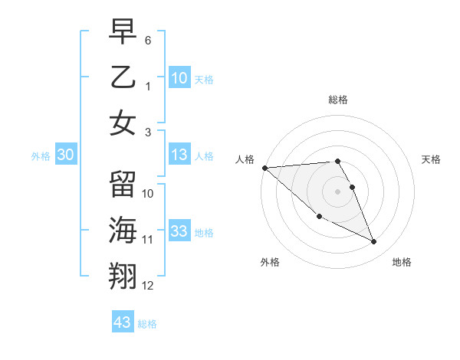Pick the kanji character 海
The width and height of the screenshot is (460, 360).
(123, 230)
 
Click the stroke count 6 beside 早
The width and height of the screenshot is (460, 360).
(148, 40)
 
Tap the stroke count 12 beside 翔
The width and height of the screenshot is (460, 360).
(148, 286)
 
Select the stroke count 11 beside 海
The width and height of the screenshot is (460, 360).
(148, 240)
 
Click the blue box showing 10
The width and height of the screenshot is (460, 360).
(179, 77)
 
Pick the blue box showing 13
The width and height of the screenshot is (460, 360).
(179, 155)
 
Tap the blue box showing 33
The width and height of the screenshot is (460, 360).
(179, 232)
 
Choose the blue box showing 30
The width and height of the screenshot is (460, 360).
(66, 155)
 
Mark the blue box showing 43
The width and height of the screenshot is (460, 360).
(122, 322)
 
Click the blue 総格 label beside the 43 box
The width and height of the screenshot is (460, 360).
(148, 325)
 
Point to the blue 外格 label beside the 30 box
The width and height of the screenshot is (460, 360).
(41, 156)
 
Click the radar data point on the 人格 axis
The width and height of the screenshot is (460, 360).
(264, 168)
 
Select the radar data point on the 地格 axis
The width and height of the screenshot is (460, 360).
(374, 242)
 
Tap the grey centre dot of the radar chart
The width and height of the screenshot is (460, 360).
(338, 191)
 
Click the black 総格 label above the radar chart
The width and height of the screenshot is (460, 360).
(338, 100)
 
